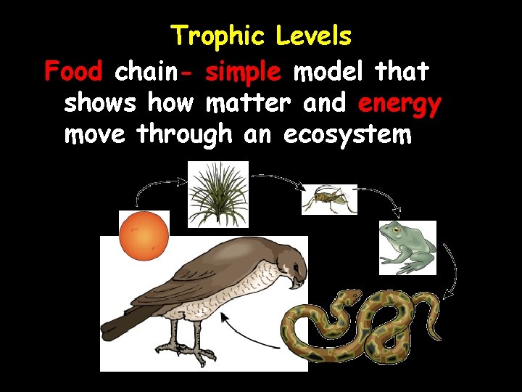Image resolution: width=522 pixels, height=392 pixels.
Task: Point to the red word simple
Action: (243, 72)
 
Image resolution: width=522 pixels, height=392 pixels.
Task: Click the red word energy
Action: (399, 104)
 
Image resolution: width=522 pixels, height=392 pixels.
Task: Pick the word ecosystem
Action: (347, 135)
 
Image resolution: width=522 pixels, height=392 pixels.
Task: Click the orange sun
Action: (144, 234)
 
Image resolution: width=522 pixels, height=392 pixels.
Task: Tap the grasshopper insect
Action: (330, 199)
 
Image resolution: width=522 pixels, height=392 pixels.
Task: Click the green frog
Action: (407, 247)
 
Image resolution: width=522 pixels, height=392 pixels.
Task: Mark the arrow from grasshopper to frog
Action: (377, 196)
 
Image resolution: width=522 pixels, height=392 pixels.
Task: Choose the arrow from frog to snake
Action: (453, 272)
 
